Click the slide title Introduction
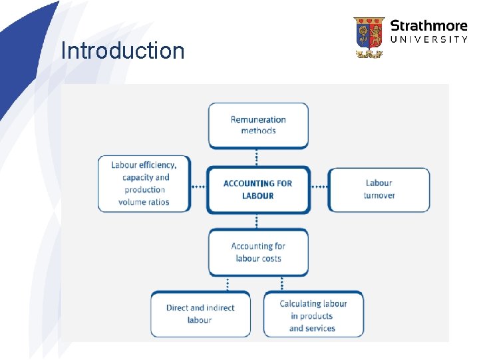tap(122, 51)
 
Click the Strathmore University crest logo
tap(369, 37)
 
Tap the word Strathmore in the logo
tap(429, 26)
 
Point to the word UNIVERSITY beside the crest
tap(429, 40)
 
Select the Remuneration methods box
tap(258, 125)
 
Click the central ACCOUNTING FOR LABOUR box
tap(258, 189)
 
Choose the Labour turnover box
tap(379, 189)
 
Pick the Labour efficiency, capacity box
tap(144, 184)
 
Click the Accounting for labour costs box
tap(258, 252)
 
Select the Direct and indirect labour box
tap(200, 313)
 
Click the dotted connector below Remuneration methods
tap(257, 157)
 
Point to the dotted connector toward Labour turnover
tap(320, 187)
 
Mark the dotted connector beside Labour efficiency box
tap(198, 187)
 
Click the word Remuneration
tap(258, 120)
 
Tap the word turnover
tap(379, 195)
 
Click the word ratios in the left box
tap(158, 202)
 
